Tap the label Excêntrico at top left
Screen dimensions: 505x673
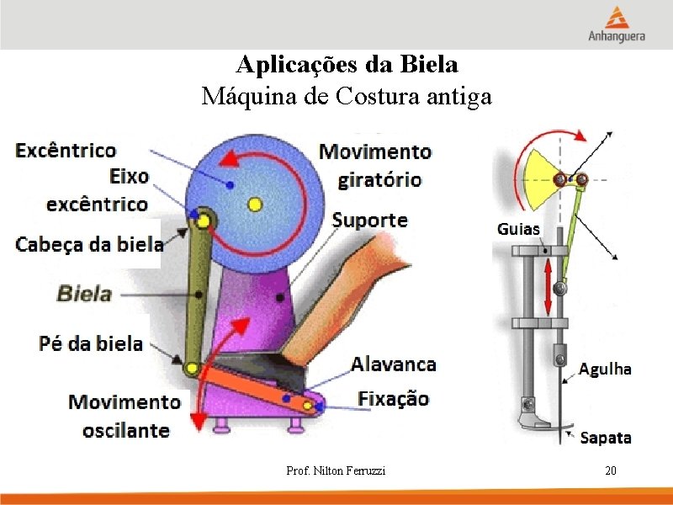(x=66, y=151)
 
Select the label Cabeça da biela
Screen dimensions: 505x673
(x=89, y=244)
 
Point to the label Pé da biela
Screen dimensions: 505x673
(x=91, y=343)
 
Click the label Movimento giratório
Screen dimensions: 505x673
(x=374, y=165)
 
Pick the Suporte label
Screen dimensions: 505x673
(x=369, y=221)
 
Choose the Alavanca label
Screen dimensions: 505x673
(x=394, y=364)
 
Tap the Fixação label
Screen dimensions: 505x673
(x=393, y=398)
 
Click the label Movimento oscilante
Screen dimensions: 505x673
(x=125, y=416)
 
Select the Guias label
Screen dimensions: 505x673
(x=518, y=229)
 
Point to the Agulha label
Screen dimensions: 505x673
(x=605, y=369)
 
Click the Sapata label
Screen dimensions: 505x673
(x=606, y=438)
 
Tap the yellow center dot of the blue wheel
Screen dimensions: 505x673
(x=255, y=203)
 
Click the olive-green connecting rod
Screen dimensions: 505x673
(x=199, y=295)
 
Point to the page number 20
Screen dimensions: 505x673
(x=611, y=470)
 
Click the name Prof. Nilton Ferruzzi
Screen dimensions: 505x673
(x=336, y=470)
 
